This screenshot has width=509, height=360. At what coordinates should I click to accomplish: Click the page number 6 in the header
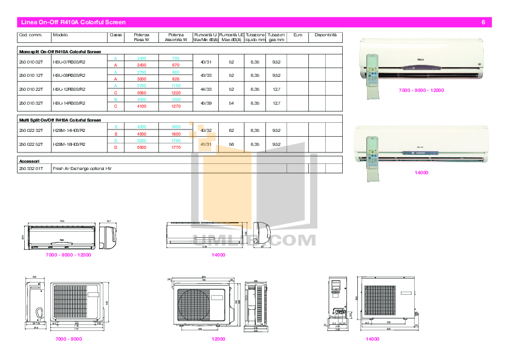coord(484,22)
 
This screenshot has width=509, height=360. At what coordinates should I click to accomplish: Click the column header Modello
coord(60,35)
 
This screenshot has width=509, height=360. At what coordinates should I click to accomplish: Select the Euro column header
coord(297,35)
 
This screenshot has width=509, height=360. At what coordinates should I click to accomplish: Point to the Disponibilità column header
coord(325,35)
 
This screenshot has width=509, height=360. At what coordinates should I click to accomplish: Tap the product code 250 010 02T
coord(31,62)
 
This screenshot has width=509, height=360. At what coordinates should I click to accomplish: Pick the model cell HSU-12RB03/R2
coord(70,89)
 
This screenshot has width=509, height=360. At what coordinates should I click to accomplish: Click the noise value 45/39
coord(206,103)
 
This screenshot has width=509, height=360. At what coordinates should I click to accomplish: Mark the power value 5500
coord(141,147)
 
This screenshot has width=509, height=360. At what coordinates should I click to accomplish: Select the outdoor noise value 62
coord(231,130)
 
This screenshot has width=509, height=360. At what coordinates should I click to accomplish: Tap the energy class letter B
coord(115,99)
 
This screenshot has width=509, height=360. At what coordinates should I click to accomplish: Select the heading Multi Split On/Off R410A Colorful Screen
coord(60,120)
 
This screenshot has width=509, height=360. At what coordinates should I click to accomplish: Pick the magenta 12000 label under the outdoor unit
coord(218,339)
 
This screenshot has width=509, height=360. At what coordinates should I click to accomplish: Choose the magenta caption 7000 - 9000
coord(68,339)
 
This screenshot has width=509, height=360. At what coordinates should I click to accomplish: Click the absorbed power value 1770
coord(176,147)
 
